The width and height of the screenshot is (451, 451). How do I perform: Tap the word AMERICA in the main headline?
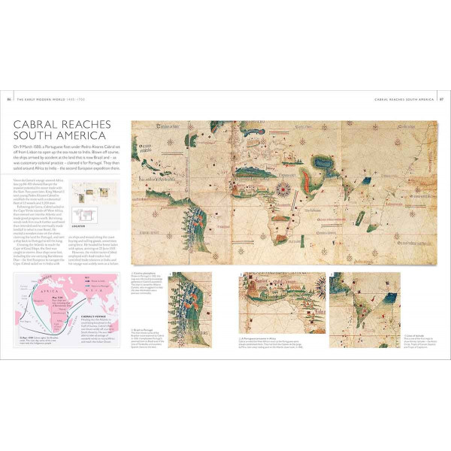[x=82, y=137]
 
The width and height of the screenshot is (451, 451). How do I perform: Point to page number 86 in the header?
[x=8, y=98]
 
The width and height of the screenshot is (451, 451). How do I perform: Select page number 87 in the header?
[x=442, y=98]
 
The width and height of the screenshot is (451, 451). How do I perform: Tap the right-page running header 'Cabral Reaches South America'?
[x=404, y=98]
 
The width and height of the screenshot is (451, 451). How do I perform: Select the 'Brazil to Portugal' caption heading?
[x=143, y=329]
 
